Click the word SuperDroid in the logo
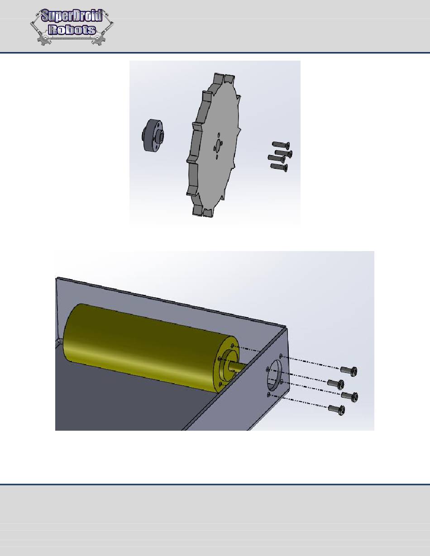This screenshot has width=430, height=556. [x=72, y=16]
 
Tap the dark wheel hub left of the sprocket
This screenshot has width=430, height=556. [x=153, y=135]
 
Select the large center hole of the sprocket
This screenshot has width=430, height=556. [x=218, y=145]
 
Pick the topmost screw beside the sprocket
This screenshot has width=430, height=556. [x=281, y=145]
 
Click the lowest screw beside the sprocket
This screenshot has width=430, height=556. [x=279, y=167]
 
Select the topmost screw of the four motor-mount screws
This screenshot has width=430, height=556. [x=349, y=370]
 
